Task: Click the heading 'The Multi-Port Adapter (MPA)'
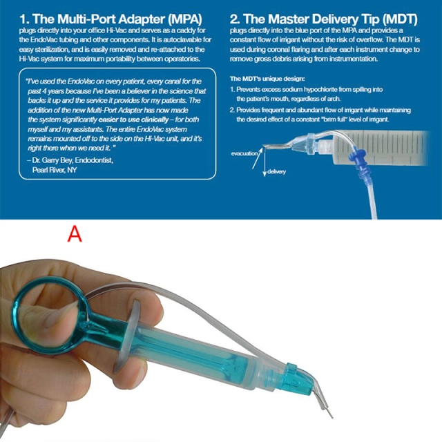point(110,15)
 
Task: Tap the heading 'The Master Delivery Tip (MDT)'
point(331,15)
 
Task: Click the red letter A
point(75,234)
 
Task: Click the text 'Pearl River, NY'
point(57,169)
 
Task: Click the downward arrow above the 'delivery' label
point(264,163)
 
